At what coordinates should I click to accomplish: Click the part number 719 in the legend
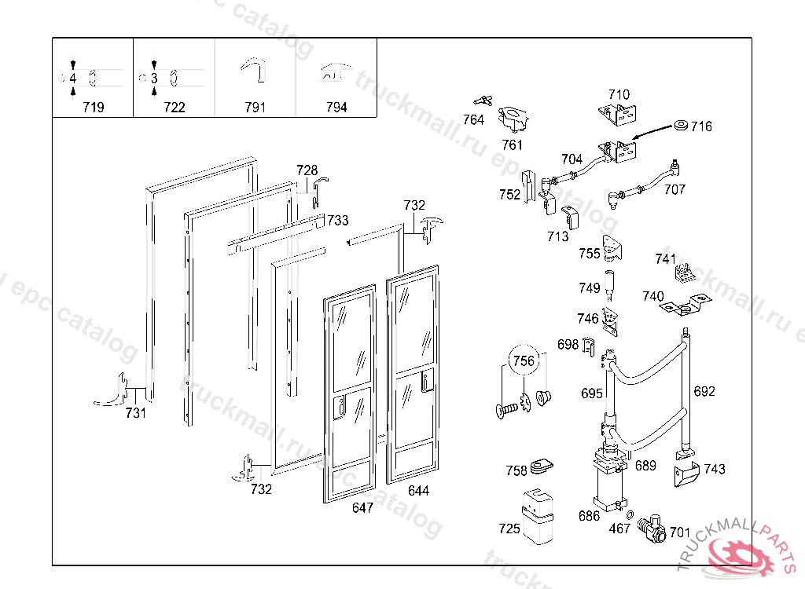click(x=93, y=108)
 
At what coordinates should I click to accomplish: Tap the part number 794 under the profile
click(x=336, y=108)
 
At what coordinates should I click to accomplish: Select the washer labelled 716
click(x=679, y=126)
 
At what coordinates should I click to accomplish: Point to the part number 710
click(x=619, y=95)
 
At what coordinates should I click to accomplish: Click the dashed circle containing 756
click(x=524, y=362)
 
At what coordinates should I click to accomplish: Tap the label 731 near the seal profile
click(x=136, y=413)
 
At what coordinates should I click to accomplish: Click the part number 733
click(x=338, y=221)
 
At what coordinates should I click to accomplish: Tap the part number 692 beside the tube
click(x=704, y=391)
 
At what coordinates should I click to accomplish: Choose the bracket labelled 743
click(x=686, y=473)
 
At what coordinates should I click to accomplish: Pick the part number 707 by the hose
click(x=675, y=189)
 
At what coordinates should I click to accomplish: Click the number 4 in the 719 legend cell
click(x=72, y=79)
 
